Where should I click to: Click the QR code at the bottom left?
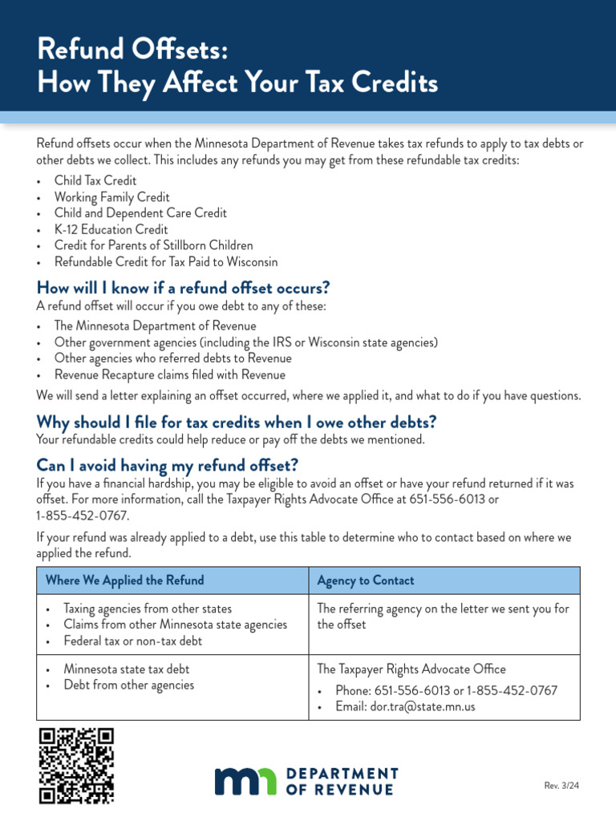click(76, 765)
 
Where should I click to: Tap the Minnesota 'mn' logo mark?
click(245, 782)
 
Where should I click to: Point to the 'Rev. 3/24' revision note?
click(561, 786)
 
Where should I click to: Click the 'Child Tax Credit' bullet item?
click(95, 181)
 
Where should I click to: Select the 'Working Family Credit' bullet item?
click(111, 197)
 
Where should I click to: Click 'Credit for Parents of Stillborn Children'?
click(153, 245)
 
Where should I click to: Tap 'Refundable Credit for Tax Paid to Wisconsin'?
click(166, 262)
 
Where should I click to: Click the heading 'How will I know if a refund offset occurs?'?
click(184, 288)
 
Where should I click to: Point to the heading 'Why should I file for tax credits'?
click(237, 423)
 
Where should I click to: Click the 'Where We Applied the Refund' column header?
click(125, 580)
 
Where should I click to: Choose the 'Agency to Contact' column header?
click(366, 580)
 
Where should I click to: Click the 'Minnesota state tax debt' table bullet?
click(127, 669)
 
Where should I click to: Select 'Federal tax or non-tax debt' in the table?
click(133, 641)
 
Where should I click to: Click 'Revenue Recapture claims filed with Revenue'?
click(169, 374)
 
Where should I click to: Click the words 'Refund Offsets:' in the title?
click(133, 51)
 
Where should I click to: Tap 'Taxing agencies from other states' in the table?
click(148, 609)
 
